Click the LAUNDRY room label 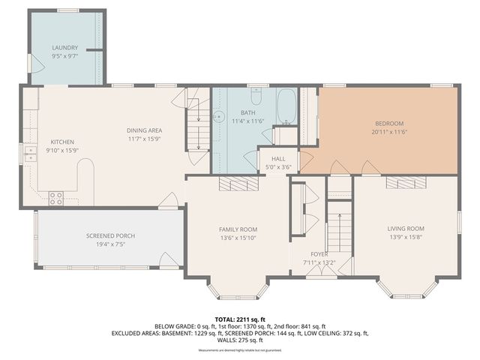pos(64,47)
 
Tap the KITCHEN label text pos(61,142)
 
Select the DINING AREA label pos(145,130)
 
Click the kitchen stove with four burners pos(56,198)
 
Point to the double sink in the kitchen pos(31,154)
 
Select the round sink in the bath pos(219,117)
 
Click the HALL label pos(277,158)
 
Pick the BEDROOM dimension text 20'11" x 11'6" pos(389,131)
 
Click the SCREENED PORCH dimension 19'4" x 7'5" pos(109,244)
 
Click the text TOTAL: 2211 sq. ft pos(240,319)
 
